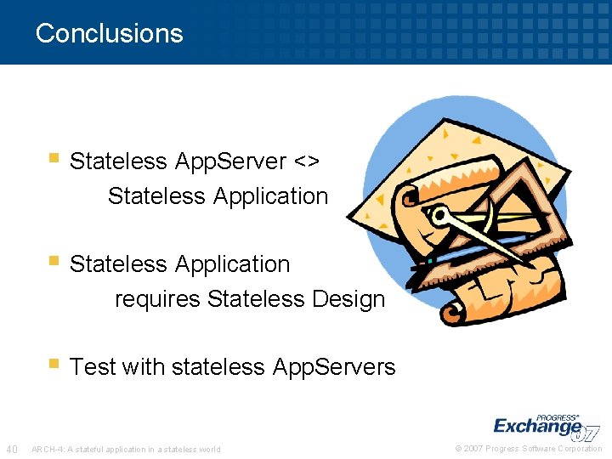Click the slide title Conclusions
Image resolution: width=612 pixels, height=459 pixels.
pyautogui.click(x=109, y=33)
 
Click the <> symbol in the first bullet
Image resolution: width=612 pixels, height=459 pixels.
pyautogui.click(x=307, y=161)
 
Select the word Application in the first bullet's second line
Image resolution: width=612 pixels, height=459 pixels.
pyautogui.click(x=270, y=196)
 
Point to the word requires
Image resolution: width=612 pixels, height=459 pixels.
pyautogui.click(x=157, y=300)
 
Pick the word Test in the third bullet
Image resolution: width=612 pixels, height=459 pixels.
pyautogui.click(x=93, y=367)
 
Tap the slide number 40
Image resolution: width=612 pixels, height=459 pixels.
pyautogui.click(x=12, y=449)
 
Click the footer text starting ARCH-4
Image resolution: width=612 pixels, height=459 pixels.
pyautogui.click(x=126, y=450)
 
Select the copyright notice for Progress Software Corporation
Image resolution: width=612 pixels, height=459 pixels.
pyautogui.click(x=529, y=449)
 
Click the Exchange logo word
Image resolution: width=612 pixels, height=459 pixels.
pyautogui.click(x=537, y=426)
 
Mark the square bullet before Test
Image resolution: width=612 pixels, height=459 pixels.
pyautogui.click(x=54, y=364)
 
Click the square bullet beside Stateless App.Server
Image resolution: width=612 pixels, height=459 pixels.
pyautogui.click(x=54, y=158)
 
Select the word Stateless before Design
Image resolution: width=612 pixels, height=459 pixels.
pyautogui.click(x=256, y=299)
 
